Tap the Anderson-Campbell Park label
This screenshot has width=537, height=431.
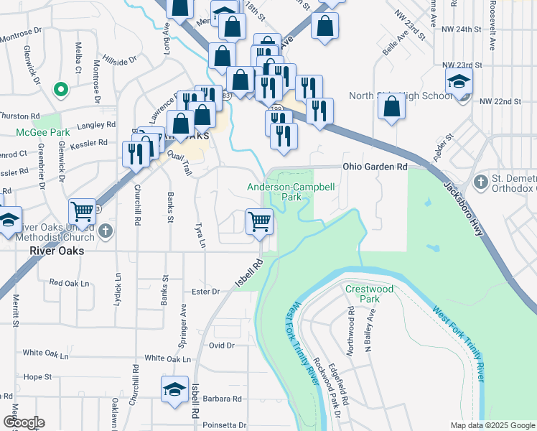tap(282, 191)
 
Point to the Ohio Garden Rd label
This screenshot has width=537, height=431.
tap(375, 167)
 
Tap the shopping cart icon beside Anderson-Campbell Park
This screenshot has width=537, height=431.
tap(259, 221)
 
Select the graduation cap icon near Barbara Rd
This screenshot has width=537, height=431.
tap(174, 389)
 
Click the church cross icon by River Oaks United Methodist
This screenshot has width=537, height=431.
tap(106, 231)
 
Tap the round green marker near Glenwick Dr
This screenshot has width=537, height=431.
tap(62, 91)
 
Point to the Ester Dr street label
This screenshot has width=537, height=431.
tap(205, 292)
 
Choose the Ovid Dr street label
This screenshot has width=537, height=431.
tap(221, 346)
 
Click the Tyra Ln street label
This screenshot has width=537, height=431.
tap(200, 235)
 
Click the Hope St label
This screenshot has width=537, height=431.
tap(37, 376)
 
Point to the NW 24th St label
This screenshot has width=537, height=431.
tap(461, 29)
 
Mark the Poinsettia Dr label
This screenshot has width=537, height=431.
tap(223, 425)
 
